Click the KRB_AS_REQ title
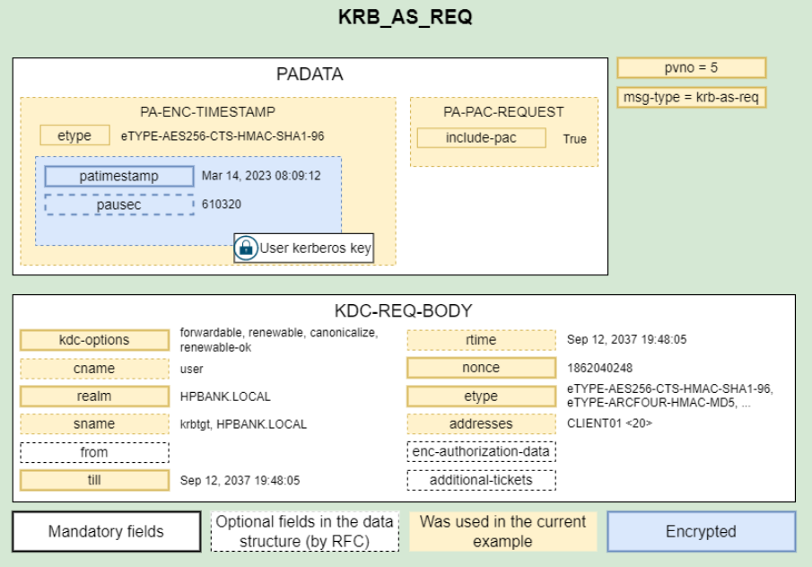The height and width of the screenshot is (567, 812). click(x=405, y=16)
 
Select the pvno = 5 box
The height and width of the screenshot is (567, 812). click(x=692, y=68)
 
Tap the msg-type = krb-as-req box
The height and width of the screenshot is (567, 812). click(x=692, y=98)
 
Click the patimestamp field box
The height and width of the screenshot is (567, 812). click(x=119, y=176)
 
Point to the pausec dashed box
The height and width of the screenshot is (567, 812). click(x=119, y=205)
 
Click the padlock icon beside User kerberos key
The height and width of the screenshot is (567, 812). click(x=246, y=248)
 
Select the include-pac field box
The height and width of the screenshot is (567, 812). click(x=481, y=138)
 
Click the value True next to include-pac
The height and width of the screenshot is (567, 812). click(x=575, y=139)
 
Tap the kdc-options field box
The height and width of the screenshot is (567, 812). click(x=94, y=340)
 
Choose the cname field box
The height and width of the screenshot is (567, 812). click(x=94, y=369)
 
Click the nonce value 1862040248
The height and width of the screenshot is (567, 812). click(x=599, y=368)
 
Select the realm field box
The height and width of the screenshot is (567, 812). click(x=94, y=397)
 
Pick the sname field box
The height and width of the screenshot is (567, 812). click(x=94, y=424)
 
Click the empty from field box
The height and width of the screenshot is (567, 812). click(x=94, y=452)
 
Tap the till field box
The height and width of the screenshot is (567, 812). click(x=94, y=480)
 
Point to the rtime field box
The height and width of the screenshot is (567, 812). click(x=481, y=340)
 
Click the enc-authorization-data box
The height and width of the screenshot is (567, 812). click(x=481, y=451)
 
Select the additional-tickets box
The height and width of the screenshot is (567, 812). click(x=481, y=480)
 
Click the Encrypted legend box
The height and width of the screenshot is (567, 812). click(x=701, y=531)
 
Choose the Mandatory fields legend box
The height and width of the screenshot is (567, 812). click(x=106, y=531)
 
